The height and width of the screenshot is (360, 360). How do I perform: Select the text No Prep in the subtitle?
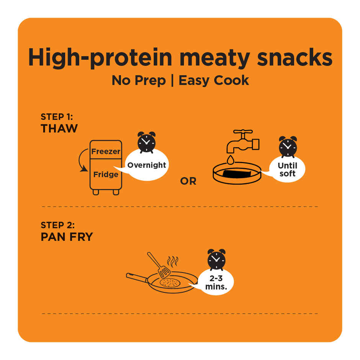pos(139,80)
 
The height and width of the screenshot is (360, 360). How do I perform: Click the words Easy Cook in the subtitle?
pos(214,80)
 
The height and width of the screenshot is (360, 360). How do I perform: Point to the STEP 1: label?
pos(57,117)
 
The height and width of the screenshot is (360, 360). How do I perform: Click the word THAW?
pos(59,129)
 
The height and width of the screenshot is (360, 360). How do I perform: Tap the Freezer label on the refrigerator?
pos(106,152)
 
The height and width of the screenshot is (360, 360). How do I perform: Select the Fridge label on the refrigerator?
pos(106,175)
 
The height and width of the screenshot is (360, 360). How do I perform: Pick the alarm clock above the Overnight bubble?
pos(146,142)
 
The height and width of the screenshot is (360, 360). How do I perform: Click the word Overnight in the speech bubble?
pos(147,165)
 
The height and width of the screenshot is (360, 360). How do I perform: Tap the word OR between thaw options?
pos(188,181)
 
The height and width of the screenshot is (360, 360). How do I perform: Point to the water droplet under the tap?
pos(230,159)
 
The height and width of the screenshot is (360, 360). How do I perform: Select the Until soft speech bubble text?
pos(287,170)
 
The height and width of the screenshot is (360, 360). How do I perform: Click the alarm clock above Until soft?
pos(288,146)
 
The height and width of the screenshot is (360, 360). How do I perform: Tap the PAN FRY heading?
pos(67,237)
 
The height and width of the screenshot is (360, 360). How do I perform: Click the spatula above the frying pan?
pos(159,265)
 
